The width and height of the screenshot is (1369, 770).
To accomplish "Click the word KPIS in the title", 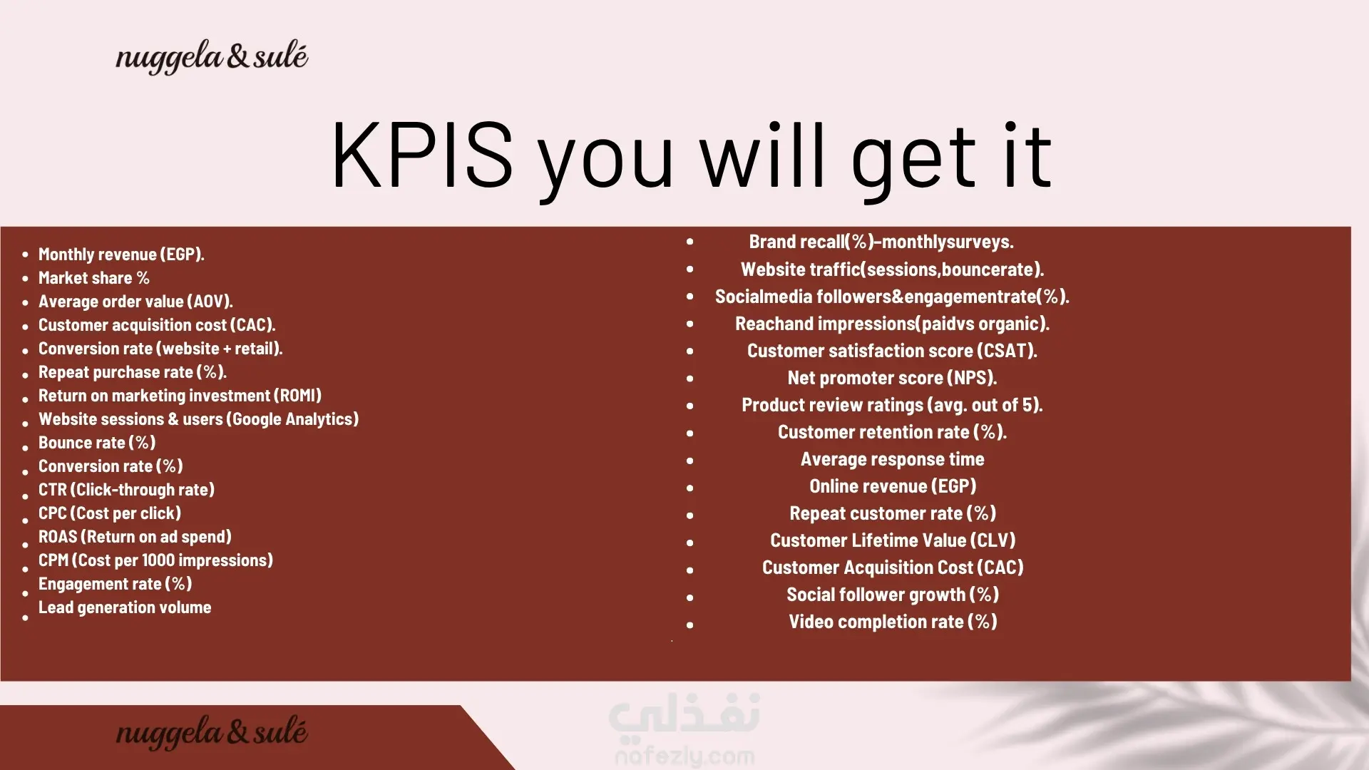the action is click(422, 155).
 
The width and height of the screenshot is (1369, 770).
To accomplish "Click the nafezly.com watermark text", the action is click(684, 755).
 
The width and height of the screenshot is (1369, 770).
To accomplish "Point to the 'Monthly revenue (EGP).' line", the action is click(121, 255).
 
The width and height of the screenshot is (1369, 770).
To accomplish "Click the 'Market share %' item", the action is click(94, 278).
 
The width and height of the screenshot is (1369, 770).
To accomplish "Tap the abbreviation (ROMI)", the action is click(297, 396).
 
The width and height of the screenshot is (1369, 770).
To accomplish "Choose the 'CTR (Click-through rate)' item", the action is click(126, 490).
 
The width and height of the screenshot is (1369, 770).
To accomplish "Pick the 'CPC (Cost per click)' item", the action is click(110, 513).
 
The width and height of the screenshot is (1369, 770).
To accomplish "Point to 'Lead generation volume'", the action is click(125, 607).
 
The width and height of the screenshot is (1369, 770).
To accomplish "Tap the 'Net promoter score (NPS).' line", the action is click(892, 378).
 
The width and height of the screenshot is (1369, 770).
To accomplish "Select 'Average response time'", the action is click(892, 459).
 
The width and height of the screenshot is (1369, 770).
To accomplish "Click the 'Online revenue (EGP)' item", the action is click(893, 486).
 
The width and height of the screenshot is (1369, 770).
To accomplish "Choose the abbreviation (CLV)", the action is click(993, 540).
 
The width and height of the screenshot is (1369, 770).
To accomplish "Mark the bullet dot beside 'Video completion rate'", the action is click(689, 625).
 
